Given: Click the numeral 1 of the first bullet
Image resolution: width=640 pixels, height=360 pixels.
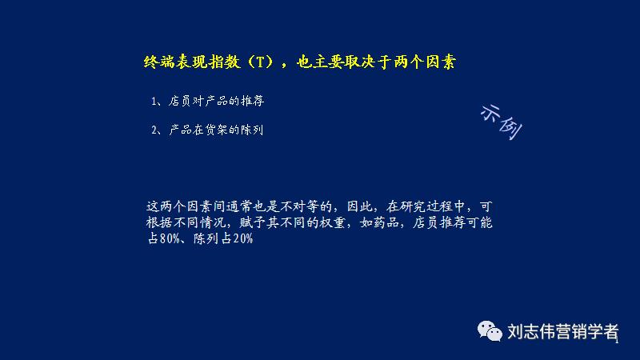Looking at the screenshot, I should coord(153,102).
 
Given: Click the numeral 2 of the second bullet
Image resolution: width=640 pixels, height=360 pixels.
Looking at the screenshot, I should coord(153,130).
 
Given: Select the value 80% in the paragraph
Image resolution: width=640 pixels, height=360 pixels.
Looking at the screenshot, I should coord(171,240).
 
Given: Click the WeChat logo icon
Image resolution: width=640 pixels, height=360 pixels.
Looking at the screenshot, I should coord(488,330).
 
